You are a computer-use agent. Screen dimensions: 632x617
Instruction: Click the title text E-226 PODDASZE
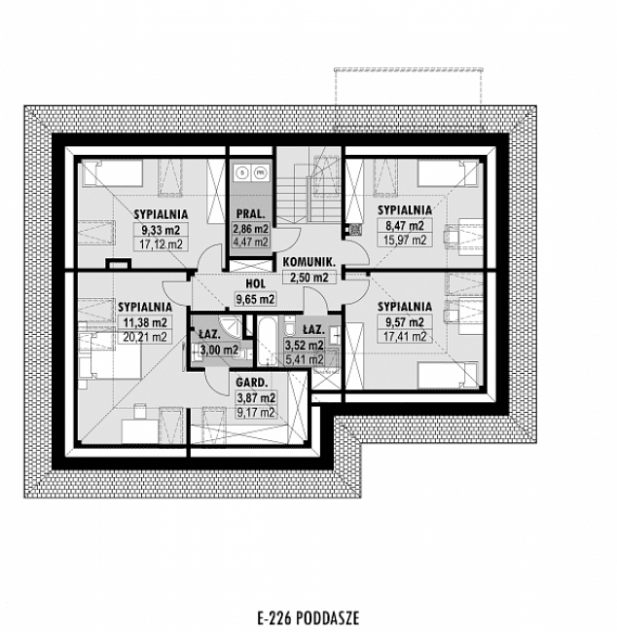point(308,616)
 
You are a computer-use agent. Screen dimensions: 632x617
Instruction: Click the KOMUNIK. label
point(309,262)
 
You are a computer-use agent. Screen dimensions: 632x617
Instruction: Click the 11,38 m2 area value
point(142,322)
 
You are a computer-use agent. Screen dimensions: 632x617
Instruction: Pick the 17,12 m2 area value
point(161,244)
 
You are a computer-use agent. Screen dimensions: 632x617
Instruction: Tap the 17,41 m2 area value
point(404,336)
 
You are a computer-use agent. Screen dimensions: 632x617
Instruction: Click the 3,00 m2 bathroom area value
point(219,350)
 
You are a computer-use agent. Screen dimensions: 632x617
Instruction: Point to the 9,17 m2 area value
point(254,412)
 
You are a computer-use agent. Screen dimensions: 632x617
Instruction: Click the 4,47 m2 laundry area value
point(249,242)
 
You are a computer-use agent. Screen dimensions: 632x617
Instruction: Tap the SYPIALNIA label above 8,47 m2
point(404,209)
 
